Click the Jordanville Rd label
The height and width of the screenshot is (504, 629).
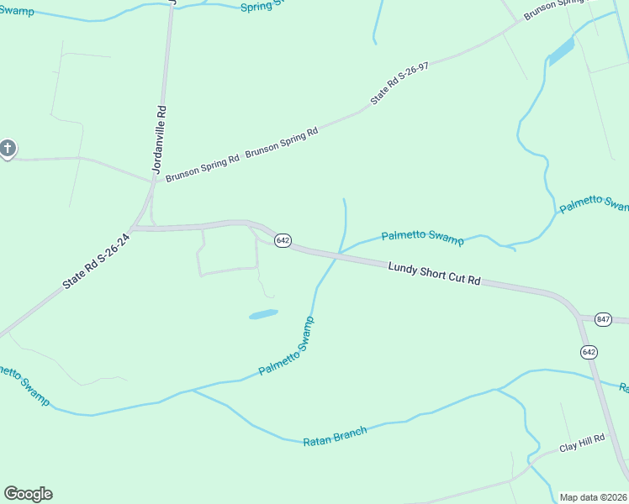(x=161, y=138)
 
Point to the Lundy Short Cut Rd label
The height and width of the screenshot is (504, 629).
(x=434, y=273)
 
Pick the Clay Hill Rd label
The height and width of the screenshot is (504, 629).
(x=582, y=443)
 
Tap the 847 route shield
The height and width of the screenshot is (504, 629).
(x=602, y=319)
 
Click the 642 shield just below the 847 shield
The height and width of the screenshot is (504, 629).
(x=589, y=352)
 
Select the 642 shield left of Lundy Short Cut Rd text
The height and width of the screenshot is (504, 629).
(x=283, y=241)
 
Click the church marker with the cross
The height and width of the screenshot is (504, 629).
(x=8, y=150)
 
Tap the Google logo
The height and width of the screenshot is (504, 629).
(x=28, y=494)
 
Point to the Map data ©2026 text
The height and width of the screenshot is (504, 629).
(x=593, y=497)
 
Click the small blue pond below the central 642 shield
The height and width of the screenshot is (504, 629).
(x=263, y=314)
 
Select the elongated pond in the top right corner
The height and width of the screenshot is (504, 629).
(x=561, y=52)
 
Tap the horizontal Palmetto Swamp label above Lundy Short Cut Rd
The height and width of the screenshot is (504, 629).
(x=422, y=238)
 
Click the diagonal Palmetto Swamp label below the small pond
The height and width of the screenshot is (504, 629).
(x=286, y=346)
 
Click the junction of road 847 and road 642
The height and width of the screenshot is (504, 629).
(x=581, y=318)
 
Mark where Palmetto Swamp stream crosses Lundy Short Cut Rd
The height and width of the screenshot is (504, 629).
(x=338, y=255)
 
